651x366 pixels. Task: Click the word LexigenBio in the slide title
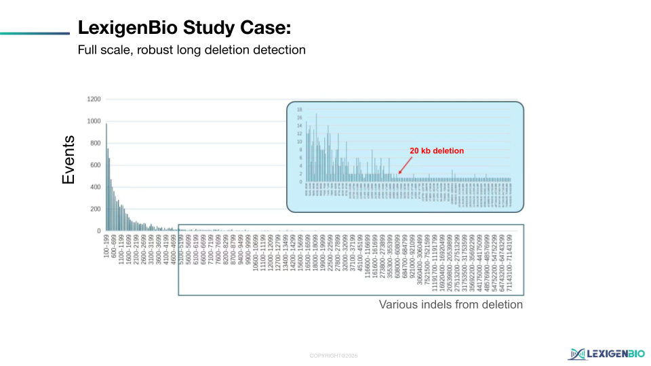[126, 28]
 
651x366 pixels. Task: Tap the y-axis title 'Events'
[68, 160]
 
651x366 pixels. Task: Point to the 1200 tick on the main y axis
[94, 100]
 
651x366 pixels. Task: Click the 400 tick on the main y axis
[95, 187]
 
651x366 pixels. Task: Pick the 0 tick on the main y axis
[98, 231]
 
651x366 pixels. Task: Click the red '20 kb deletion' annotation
[437, 151]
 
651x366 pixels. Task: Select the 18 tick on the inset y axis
[300, 110]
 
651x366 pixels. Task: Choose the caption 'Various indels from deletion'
[450, 305]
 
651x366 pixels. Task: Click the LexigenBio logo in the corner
[607, 353]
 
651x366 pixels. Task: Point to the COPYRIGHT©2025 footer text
[333, 356]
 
